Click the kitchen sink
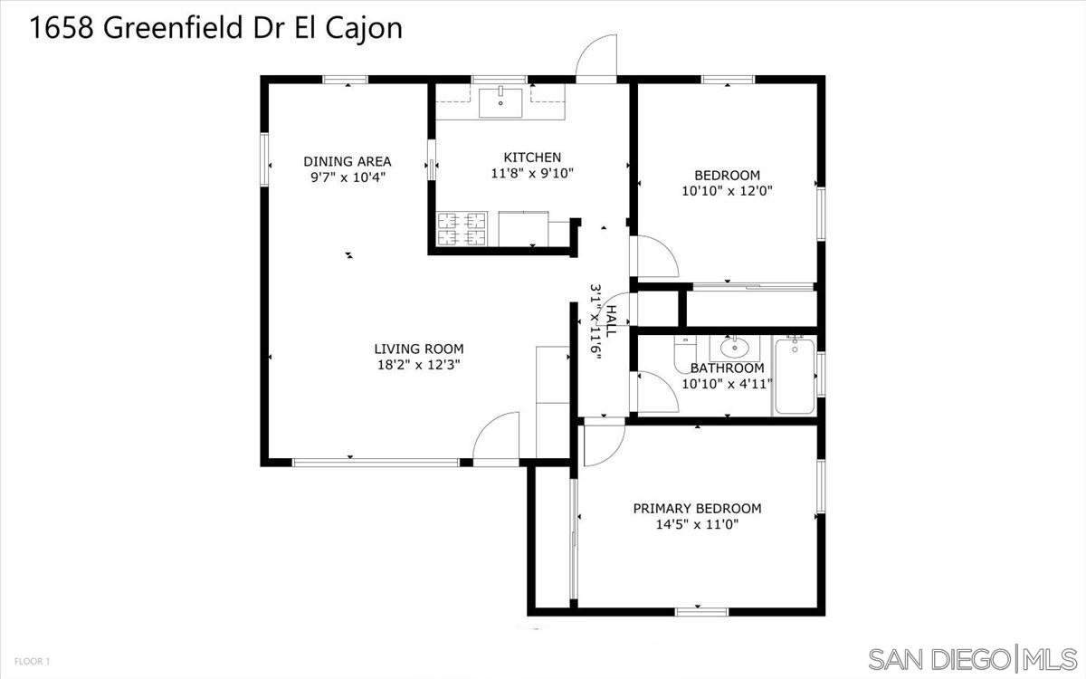(500, 103)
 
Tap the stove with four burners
(462, 229)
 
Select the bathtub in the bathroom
(795, 375)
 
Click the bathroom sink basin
(734, 347)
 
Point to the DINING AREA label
(348, 161)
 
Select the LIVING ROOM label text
(419, 349)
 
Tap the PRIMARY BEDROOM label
(697, 508)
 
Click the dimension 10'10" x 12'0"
(727, 191)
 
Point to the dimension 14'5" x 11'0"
(697, 524)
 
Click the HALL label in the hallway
(611, 320)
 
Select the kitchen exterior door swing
(597, 59)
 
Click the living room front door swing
(496, 438)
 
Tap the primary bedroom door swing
(604, 445)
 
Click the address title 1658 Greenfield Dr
(216, 28)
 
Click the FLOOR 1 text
(32, 662)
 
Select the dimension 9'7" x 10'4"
(348, 177)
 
